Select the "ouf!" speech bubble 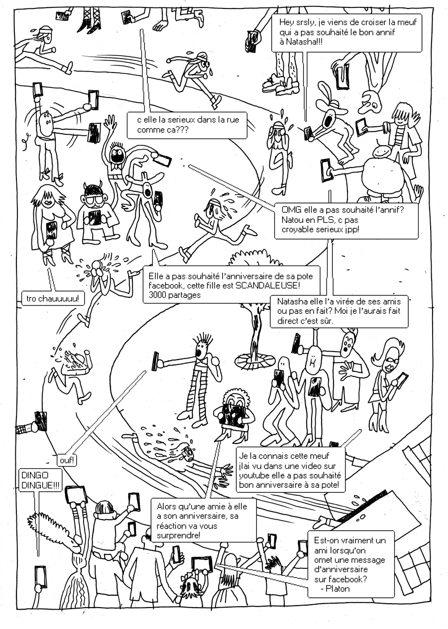[67, 460]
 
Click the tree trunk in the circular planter [256, 338]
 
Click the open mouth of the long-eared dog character [329, 120]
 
